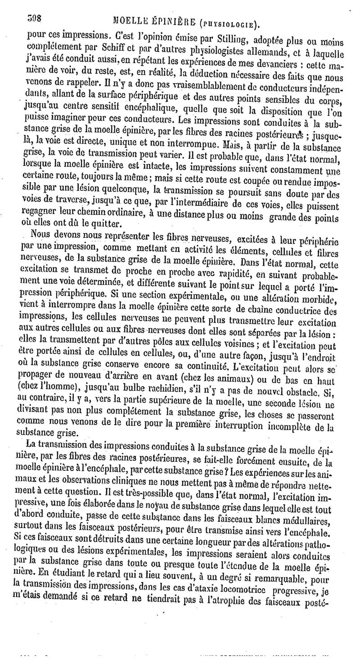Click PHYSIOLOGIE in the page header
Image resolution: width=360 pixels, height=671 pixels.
pos(231,22)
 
